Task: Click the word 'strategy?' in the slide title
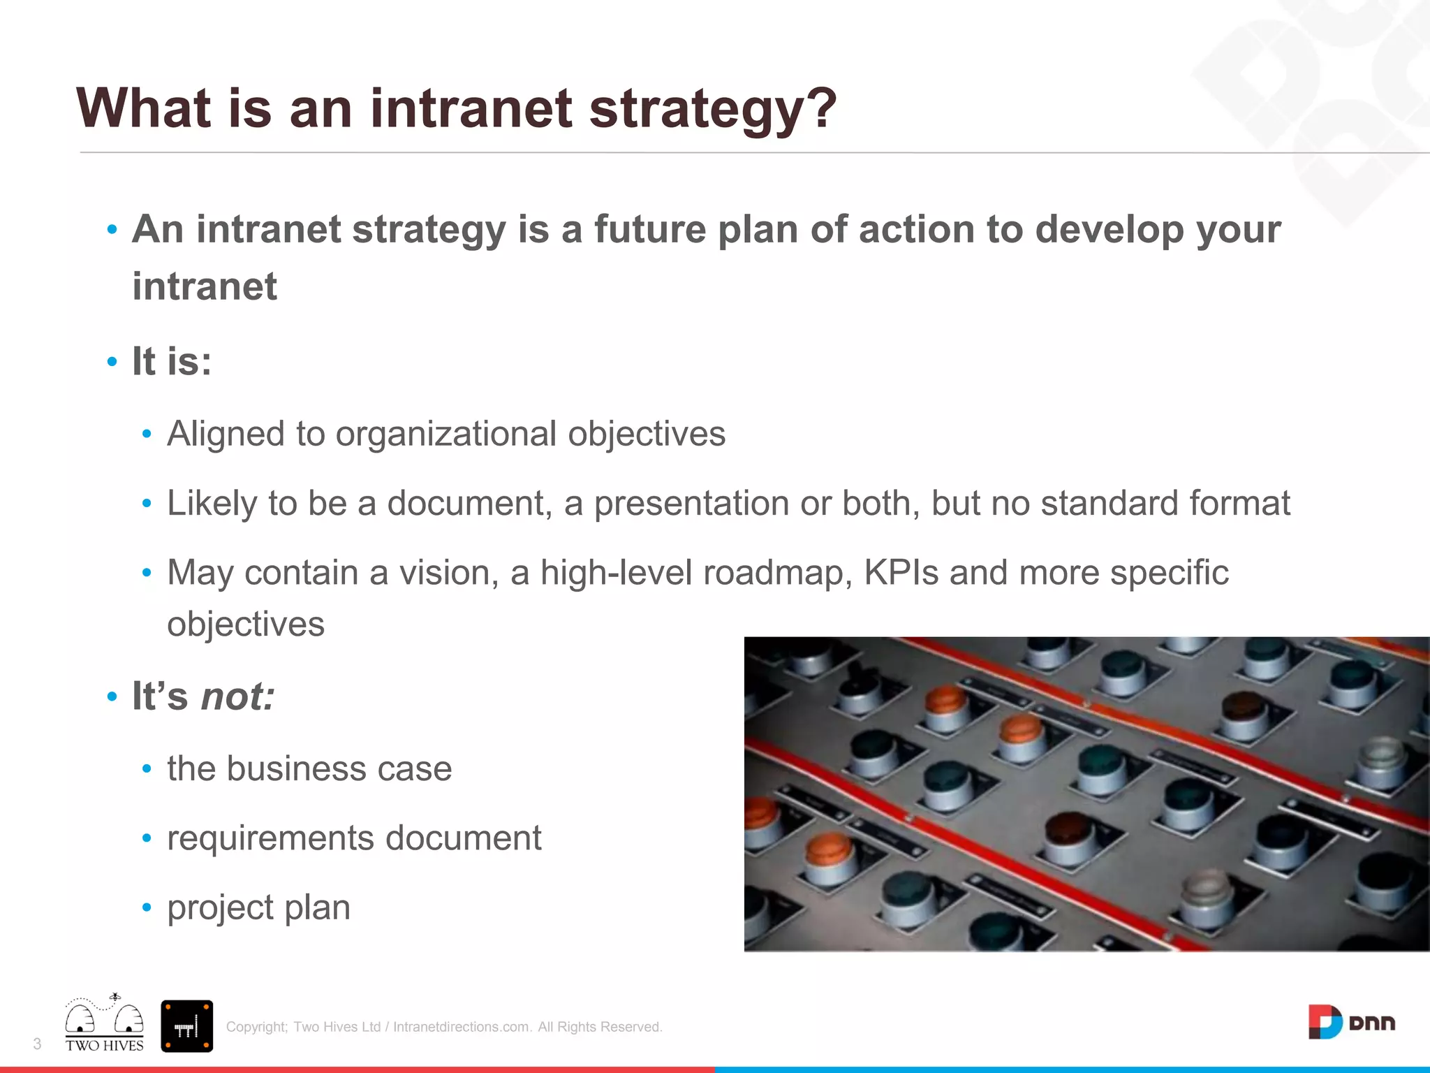pyautogui.click(x=712, y=110)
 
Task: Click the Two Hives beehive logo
pyautogui.click(x=105, y=1024)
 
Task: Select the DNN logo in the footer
pyautogui.click(x=1351, y=1023)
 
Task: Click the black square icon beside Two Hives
pyautogui.click(x=186, y=1025)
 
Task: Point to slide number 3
pyautogui.click(x=37, y=1044)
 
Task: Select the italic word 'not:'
pyautogui.click(x=237, y=696)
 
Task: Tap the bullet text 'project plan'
pyautogui.click(x=258, y=907)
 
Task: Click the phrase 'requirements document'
pyautogui.click(x=354, y=838)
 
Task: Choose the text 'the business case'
pyautogui.click(x=309, y=768)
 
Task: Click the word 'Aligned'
pyautogui.click(x=226, y=435)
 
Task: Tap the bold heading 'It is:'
pyautogui.click(x=172, y=362)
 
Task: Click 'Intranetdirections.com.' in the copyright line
pyautogui.click(x=462, y=1027)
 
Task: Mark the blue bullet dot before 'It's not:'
pyautogui.click(x=112, y=696)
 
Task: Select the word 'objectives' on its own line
pyautogui.click(x=246, y=624)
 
